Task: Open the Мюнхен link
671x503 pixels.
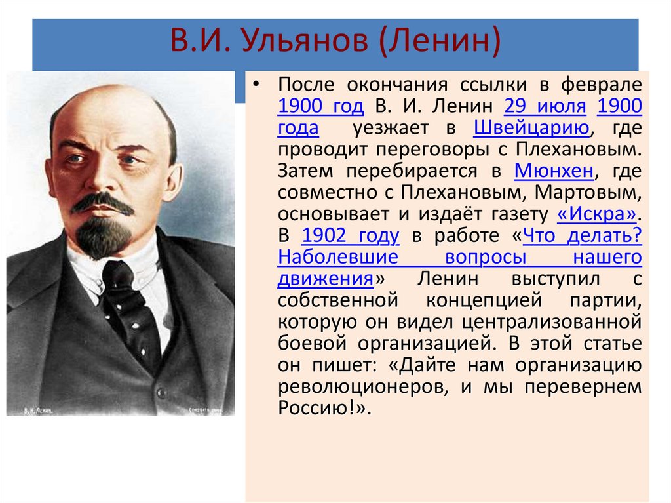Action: pos(554,171)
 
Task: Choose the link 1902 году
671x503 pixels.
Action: pos(351,235)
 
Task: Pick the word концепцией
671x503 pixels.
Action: pos(478,300)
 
